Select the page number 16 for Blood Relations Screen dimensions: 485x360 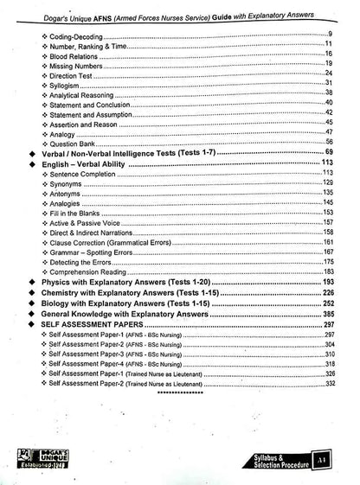click(x=330, y=54)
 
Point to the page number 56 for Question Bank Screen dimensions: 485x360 click(x=330, y=141)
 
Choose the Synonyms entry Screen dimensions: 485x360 click(x=69, y=182)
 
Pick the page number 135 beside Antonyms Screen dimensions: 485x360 click(x=328, y=193)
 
